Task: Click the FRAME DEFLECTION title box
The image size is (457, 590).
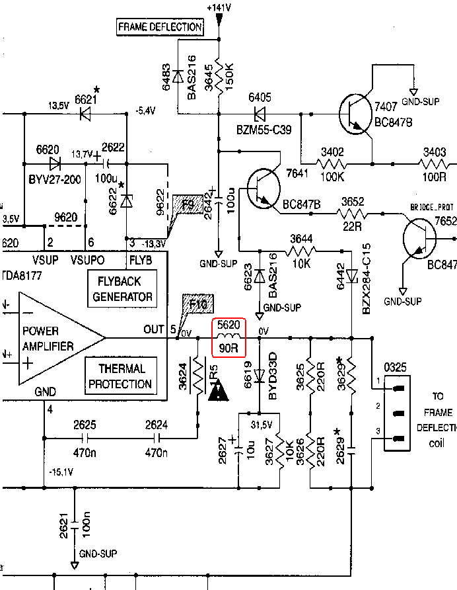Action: [x=159, y=27]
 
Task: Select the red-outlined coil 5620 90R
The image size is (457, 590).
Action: [x=228, y=337]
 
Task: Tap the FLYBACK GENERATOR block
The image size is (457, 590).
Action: [x=122, y=288]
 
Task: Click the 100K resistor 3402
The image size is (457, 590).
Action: [x=332, y=161]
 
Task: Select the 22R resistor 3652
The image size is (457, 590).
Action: [x=353, y=213]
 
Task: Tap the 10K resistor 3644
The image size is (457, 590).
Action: [x=302, y=251]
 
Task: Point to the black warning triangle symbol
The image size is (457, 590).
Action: [x=218, y=393]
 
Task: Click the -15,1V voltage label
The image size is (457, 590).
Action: [x=62, y=472]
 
